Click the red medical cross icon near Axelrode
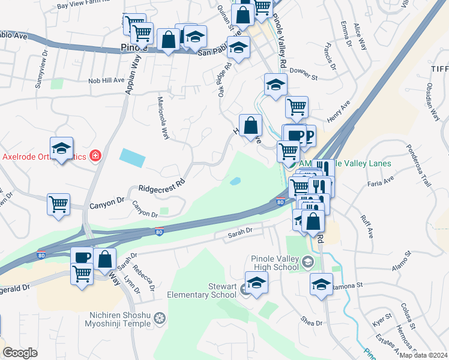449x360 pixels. pyautogui.click(x=94, y=157)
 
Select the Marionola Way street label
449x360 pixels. pyautogui.click(x=162, y=118)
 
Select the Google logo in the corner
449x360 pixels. pyautogui.click(x=20, y=353)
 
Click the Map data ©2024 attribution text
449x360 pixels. pyautogui.click(x=423, y=355)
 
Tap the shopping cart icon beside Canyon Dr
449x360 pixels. pyautogui.click(x=59, y=205)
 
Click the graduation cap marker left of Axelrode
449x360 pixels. pyautogui.click(x=61, y=149)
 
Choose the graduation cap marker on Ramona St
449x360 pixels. pyautogui.click(x=321, y=285)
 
